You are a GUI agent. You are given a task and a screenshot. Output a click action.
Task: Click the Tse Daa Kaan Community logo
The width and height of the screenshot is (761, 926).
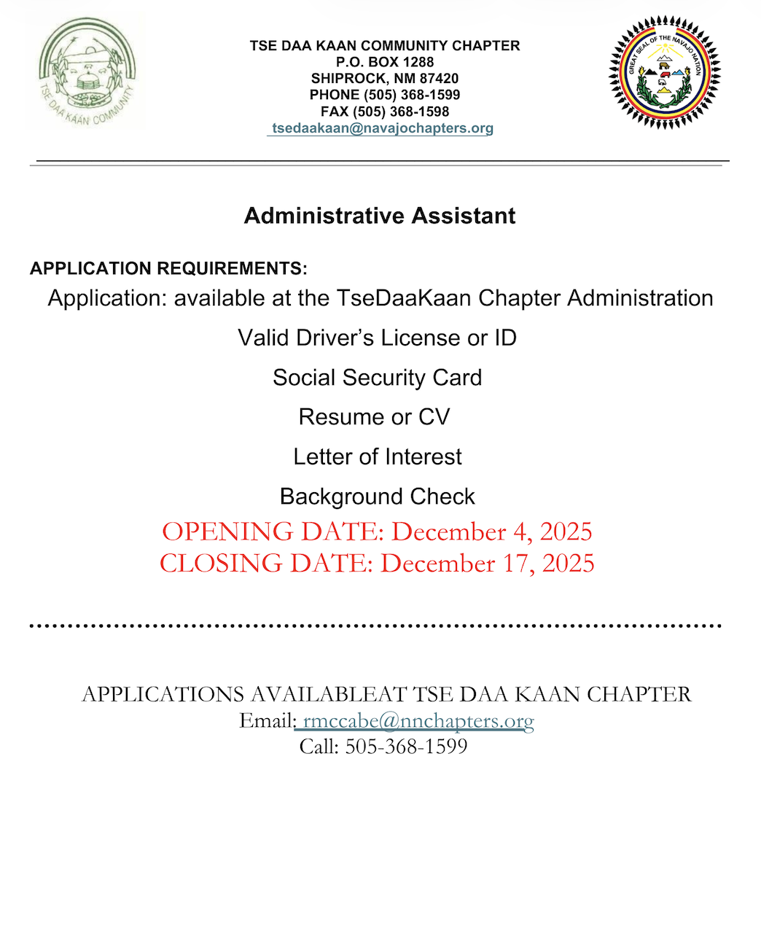click(87, 73)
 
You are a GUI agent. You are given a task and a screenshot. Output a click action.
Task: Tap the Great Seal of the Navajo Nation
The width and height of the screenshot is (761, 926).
click(664, 73)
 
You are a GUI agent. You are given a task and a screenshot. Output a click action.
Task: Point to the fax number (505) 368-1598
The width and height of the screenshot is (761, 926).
click(401, 112)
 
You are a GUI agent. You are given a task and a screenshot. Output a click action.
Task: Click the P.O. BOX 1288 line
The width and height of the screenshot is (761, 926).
click(385, 62)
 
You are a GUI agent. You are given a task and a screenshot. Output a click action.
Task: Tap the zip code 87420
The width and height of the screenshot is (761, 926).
click(440, 78)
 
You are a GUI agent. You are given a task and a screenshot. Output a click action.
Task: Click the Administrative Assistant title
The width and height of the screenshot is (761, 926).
click(380, 216)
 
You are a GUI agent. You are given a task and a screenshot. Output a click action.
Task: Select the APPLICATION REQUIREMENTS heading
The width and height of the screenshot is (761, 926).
click(168, 268)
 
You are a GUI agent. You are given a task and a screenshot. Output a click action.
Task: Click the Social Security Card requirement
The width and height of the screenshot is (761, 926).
click(378, 378)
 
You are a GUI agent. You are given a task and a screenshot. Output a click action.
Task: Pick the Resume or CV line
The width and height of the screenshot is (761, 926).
click(375, 417)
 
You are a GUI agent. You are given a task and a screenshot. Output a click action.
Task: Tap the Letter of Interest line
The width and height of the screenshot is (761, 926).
click(378, 457)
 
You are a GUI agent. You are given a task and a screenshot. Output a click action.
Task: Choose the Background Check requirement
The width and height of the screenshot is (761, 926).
click(378, 497)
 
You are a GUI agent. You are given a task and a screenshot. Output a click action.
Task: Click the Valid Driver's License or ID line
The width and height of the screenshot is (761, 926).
click(378, 338)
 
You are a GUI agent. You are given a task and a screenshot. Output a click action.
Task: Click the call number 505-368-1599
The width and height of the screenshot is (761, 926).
click(406, 747)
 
